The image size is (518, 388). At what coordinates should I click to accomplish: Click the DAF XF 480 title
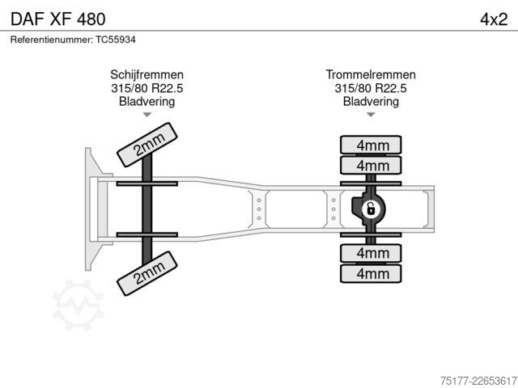(58, 19)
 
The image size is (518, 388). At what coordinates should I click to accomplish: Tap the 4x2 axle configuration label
(494, 19)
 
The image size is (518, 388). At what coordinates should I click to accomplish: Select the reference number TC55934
(116, 40)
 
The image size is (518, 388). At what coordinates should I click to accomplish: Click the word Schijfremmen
(147, 74)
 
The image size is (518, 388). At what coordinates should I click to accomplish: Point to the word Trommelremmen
(371, 74)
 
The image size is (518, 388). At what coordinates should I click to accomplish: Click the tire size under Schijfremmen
(147, 88)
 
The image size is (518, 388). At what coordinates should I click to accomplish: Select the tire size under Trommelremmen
(371, 88)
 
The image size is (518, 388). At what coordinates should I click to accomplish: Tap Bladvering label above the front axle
(147, 101)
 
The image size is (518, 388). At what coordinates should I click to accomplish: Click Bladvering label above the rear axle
(371, 101)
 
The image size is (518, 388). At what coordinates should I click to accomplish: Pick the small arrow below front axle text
(147, 115)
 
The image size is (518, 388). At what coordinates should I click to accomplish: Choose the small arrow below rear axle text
(371, 115)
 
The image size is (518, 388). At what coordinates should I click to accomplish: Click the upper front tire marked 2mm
(147, 145)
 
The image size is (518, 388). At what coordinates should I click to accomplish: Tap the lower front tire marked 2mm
(147, 273)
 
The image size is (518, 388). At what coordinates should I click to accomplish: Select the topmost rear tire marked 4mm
(371, 145)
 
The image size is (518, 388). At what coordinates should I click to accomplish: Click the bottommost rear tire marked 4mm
(371, 273)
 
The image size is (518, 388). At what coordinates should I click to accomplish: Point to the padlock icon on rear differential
(371, 209)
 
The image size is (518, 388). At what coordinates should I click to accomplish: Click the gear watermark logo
(78, 305)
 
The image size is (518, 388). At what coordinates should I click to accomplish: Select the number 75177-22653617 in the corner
(478, 381)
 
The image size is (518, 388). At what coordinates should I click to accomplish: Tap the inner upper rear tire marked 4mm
(371, 165)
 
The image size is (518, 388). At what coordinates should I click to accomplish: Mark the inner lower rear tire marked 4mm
(371, 253)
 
